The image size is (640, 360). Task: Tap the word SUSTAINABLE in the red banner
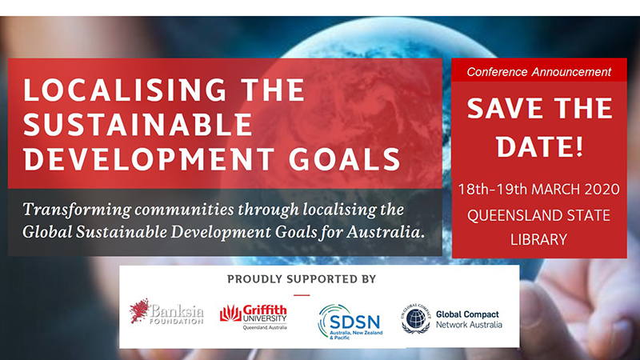pos(138,125)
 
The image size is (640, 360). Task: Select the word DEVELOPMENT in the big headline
pos(149,158)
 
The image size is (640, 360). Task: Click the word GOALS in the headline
pos(345,158)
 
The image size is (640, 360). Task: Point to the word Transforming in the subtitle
pos(77,210)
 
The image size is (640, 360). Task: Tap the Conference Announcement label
pos(538,72)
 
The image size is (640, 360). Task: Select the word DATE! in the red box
pos(539,146)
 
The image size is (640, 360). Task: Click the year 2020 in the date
pos(602,189)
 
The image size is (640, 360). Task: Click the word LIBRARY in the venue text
pos(538,239)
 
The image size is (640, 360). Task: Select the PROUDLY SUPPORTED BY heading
pos(302,279)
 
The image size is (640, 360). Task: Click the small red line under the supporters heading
pos(302,295)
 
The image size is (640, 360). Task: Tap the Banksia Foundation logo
pos(166,312)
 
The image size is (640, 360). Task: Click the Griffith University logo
pos(254,317)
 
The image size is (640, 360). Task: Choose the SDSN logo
pos(350,322)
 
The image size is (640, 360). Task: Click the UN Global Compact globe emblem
pos(416,318)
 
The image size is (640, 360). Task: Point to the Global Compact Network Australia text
pos(469,319)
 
